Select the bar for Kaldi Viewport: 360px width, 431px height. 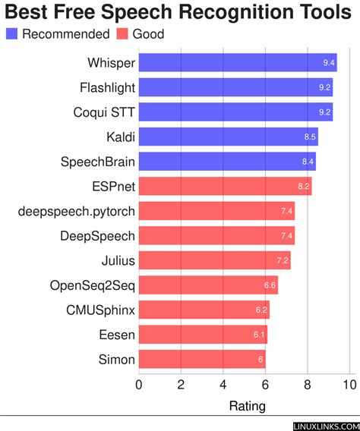coord(228,137)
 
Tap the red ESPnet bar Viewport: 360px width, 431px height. coord(225,187)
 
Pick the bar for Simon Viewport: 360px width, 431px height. coord(201,360)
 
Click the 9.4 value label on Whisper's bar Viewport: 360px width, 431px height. coord(327,64)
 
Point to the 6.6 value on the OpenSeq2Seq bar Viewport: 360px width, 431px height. coord(269,286)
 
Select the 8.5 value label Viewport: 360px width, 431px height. coord(309,138)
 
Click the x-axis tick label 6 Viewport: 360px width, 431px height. coord(265,385)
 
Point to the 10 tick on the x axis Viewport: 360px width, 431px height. coord(349,385)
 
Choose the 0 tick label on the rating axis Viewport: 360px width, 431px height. coord(138,385)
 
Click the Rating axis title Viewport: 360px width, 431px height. coord(247,406)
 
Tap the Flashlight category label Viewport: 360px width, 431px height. coord(107,88)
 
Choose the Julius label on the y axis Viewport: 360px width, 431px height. coord(118,261)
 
